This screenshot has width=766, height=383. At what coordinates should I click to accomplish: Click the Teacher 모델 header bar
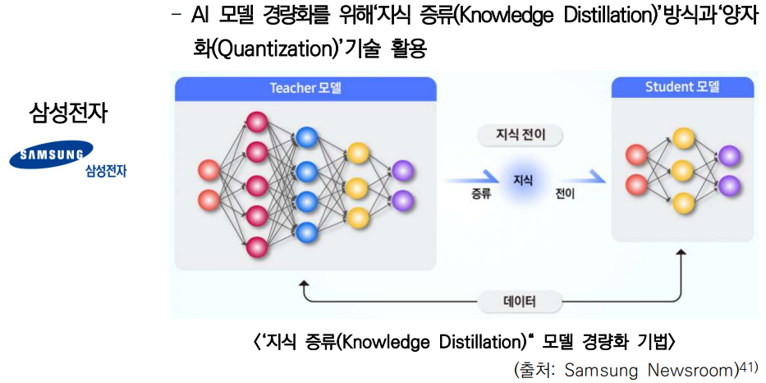tap(305, 88)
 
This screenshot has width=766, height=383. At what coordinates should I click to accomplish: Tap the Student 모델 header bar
tap(681, 87)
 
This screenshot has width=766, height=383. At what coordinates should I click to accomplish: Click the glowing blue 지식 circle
tap(522, 179)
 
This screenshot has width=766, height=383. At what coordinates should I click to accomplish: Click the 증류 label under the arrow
tap(482, 195)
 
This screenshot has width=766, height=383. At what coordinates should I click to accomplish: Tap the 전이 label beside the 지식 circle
tap(565, 195)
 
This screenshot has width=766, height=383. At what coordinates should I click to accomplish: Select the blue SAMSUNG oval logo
tap(52, 155)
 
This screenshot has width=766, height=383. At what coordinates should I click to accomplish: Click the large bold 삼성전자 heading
tap(68, 113)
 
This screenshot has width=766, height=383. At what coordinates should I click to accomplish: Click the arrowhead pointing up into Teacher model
tap(305, 284)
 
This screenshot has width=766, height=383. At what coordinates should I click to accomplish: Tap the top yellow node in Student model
tap(682, 139)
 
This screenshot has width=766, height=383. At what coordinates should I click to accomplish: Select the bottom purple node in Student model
tap(729, 186)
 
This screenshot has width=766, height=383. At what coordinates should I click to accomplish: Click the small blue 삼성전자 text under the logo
tap(105, 172)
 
